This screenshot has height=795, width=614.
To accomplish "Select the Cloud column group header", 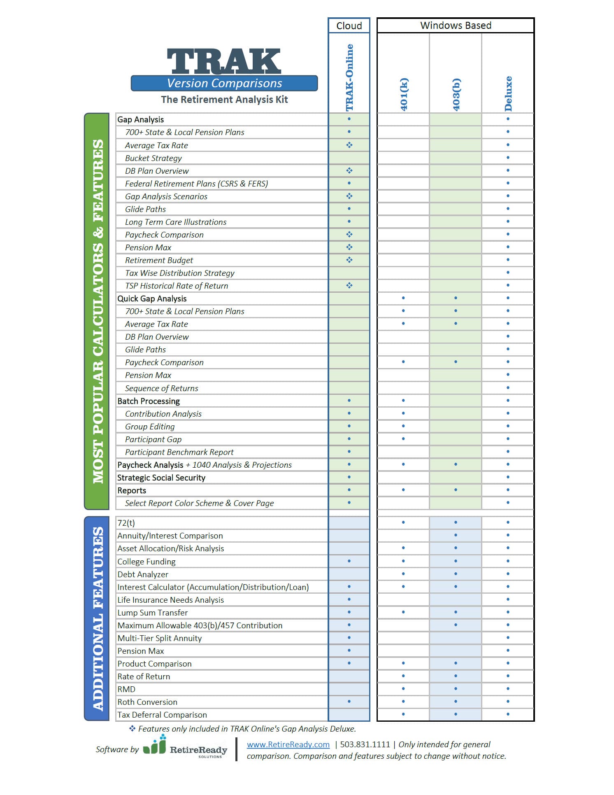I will (x=349, y=26).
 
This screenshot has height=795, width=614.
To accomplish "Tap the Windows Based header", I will (x=456, y=26).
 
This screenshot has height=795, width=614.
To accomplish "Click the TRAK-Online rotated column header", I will (x=349, y=77).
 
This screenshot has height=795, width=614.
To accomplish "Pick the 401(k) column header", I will (x=404, y=94).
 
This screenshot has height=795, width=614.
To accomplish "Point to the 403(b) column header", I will (x=456, y=94).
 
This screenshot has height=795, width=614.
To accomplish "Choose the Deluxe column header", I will (x=508, y=93).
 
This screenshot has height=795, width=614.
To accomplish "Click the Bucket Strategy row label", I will (x=153, y=158).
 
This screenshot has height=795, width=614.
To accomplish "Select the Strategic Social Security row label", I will (x=161, y=478).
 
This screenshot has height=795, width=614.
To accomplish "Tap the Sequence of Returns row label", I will (x=162, y=388).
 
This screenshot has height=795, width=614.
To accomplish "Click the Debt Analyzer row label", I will (x=143, y=574).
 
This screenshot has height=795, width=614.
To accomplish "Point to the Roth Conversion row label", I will (x=147, y=702).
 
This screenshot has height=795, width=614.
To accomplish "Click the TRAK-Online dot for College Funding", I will (x=349, y=561).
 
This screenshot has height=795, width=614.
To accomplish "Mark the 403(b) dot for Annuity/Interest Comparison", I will (x=456, y=535).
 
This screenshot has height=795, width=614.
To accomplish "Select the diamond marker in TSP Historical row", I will (x=349, y=285).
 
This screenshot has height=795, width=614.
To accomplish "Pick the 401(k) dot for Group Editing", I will (x=403, y=426).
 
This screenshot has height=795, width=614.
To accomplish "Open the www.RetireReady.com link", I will (x=288, y=744).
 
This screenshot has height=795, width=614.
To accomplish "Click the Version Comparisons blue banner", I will (x=224, y=83).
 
